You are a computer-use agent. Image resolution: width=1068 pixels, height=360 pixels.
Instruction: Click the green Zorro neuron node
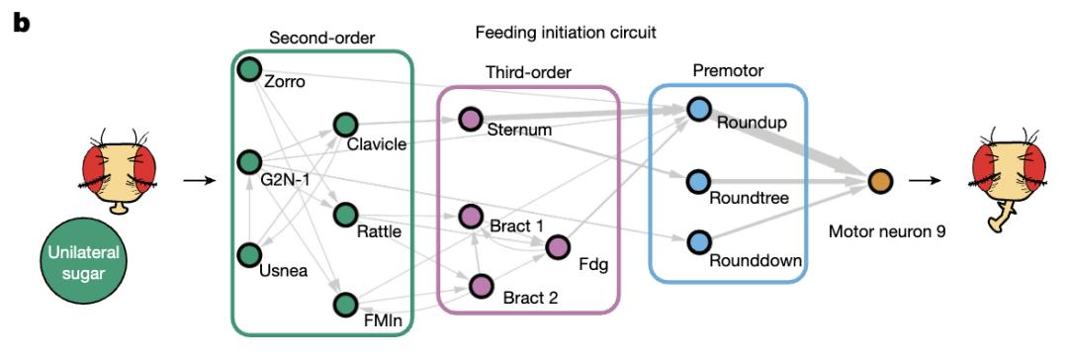click(x=249, y=69)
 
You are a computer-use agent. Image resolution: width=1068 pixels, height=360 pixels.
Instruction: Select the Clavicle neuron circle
click(x=346, y=124)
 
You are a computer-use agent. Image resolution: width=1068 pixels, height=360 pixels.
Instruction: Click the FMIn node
click(x=346, y=305)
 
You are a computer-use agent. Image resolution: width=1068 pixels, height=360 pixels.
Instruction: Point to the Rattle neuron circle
click(x=346, y=214)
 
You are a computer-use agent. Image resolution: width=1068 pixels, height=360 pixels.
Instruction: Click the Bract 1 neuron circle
click(x=470, y=217)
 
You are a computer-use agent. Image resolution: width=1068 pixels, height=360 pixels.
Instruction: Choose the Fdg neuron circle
click(x=557, y=247)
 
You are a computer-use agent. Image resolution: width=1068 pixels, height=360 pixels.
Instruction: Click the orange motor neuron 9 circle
click(x=880, y=181)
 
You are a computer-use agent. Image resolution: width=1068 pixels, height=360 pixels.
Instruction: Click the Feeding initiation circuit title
click(x=566, y=32)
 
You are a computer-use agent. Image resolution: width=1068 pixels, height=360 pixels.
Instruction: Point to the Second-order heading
click(x=322, y=39)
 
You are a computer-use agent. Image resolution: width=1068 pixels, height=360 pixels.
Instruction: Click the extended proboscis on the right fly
click(x=1004, y=221)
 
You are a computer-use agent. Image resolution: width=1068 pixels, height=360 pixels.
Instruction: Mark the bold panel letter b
click(x=23, y=25)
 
